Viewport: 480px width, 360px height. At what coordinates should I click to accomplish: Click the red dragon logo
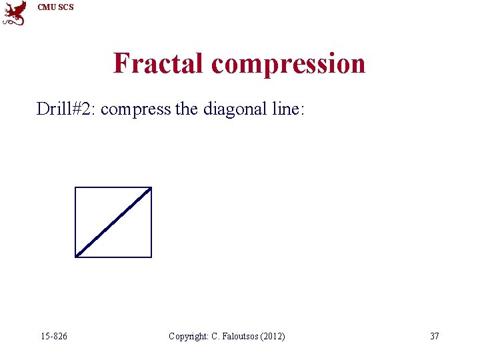tap(15, 13)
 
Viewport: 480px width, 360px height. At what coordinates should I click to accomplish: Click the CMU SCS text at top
tap(55, 7)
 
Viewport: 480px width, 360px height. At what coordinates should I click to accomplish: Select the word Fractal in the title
tap(159, 63)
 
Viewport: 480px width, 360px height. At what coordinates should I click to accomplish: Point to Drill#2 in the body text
tap(65, 109)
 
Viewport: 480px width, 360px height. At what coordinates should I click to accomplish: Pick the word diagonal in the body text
tap(232, 109)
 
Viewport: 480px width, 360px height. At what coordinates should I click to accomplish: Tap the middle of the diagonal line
tap(113, 222)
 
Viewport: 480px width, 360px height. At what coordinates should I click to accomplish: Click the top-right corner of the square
tap(151, 188)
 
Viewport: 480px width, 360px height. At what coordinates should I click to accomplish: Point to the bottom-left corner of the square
tap(75, 257)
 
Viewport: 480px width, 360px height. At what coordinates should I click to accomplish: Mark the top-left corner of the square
tap(75, 188)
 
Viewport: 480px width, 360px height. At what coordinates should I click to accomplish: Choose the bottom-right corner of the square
tap(151, 257)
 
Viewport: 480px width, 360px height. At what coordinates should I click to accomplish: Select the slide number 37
tap(435, 336)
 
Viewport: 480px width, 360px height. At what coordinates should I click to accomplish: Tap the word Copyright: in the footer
tap(189, 336)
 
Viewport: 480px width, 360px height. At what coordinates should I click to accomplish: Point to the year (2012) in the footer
tap(273, 336)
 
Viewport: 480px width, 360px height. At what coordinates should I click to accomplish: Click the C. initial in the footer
tap(215, 336)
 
